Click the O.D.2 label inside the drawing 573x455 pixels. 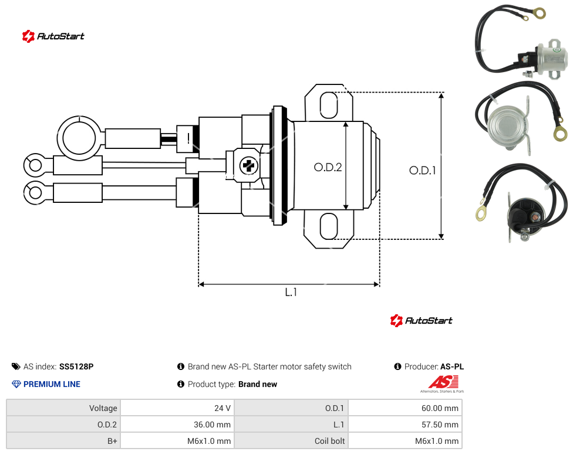(x=328, y=167)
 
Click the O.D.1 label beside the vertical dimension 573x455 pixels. (x=423, y=171)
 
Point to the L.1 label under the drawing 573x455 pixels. (x=291, y=292)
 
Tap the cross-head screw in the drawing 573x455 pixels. (x=249, y=166)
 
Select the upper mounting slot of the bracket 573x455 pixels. (x=329, y=105)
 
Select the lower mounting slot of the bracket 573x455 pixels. (x=329, y=226)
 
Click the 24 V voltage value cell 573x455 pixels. (x=177, y=408)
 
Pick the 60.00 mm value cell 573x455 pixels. (x=405, y=408)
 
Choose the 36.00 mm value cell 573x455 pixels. (x=177, y=425)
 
